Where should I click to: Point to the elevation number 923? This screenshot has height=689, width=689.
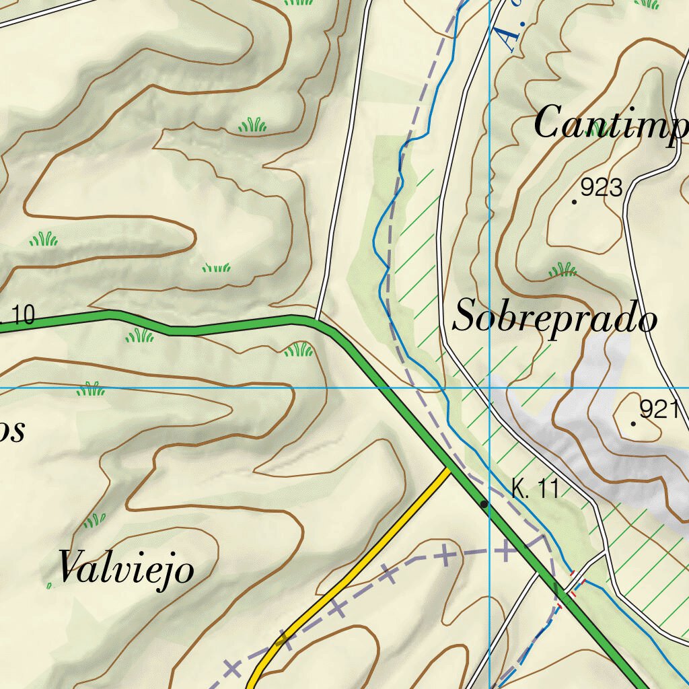[602, 188]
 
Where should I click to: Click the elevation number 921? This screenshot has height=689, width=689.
[658, 409]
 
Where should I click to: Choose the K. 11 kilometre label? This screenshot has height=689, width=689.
[535, 489]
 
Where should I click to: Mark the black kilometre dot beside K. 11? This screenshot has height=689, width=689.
[484, 503]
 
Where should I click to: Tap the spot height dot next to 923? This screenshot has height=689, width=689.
[574, 201]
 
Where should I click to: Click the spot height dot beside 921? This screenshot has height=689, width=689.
[633, 423]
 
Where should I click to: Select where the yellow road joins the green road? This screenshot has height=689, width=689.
[447, 468]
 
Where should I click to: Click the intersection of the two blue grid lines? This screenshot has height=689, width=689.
[490, 388]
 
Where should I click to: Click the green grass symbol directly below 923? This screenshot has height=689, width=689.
[563, 270]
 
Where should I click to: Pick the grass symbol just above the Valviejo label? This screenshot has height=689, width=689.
[94, 521]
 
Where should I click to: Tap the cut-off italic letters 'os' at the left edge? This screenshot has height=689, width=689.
[12, 431]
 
